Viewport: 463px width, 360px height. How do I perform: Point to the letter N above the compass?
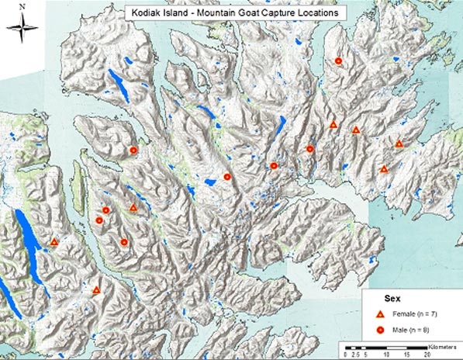[23, 6]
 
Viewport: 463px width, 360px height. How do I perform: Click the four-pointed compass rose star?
[23, 29]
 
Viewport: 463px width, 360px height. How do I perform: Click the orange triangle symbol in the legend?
[381, 314]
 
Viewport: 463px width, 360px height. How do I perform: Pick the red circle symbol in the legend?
[381, 331]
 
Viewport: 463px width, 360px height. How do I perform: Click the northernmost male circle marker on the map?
[338, 60]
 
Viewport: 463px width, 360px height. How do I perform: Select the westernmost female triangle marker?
[54, 242]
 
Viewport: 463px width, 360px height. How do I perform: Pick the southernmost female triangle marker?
[96, 290]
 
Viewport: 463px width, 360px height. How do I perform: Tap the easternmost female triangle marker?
[399, 144]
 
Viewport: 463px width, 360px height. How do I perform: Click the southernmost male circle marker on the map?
[124, 243]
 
